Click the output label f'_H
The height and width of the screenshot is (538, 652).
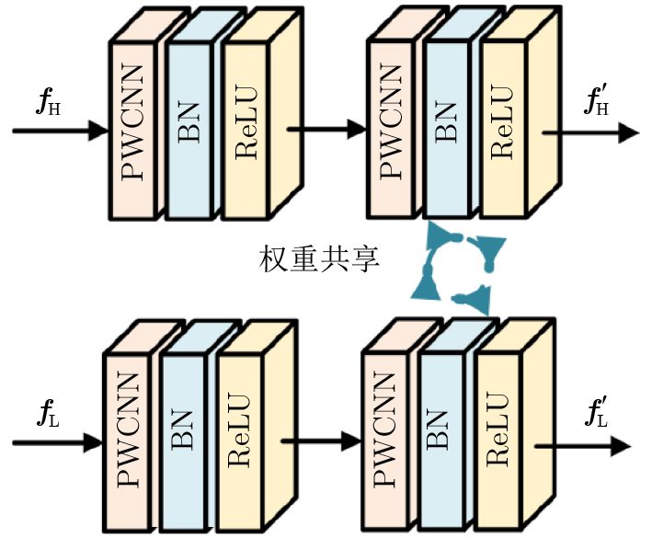click(x=599, y=104)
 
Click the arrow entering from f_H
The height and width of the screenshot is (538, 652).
click(x=61, y=132)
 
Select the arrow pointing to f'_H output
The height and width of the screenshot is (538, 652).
click(x=589, y=132)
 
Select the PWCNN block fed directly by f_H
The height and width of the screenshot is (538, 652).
click(x=134, y=129)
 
